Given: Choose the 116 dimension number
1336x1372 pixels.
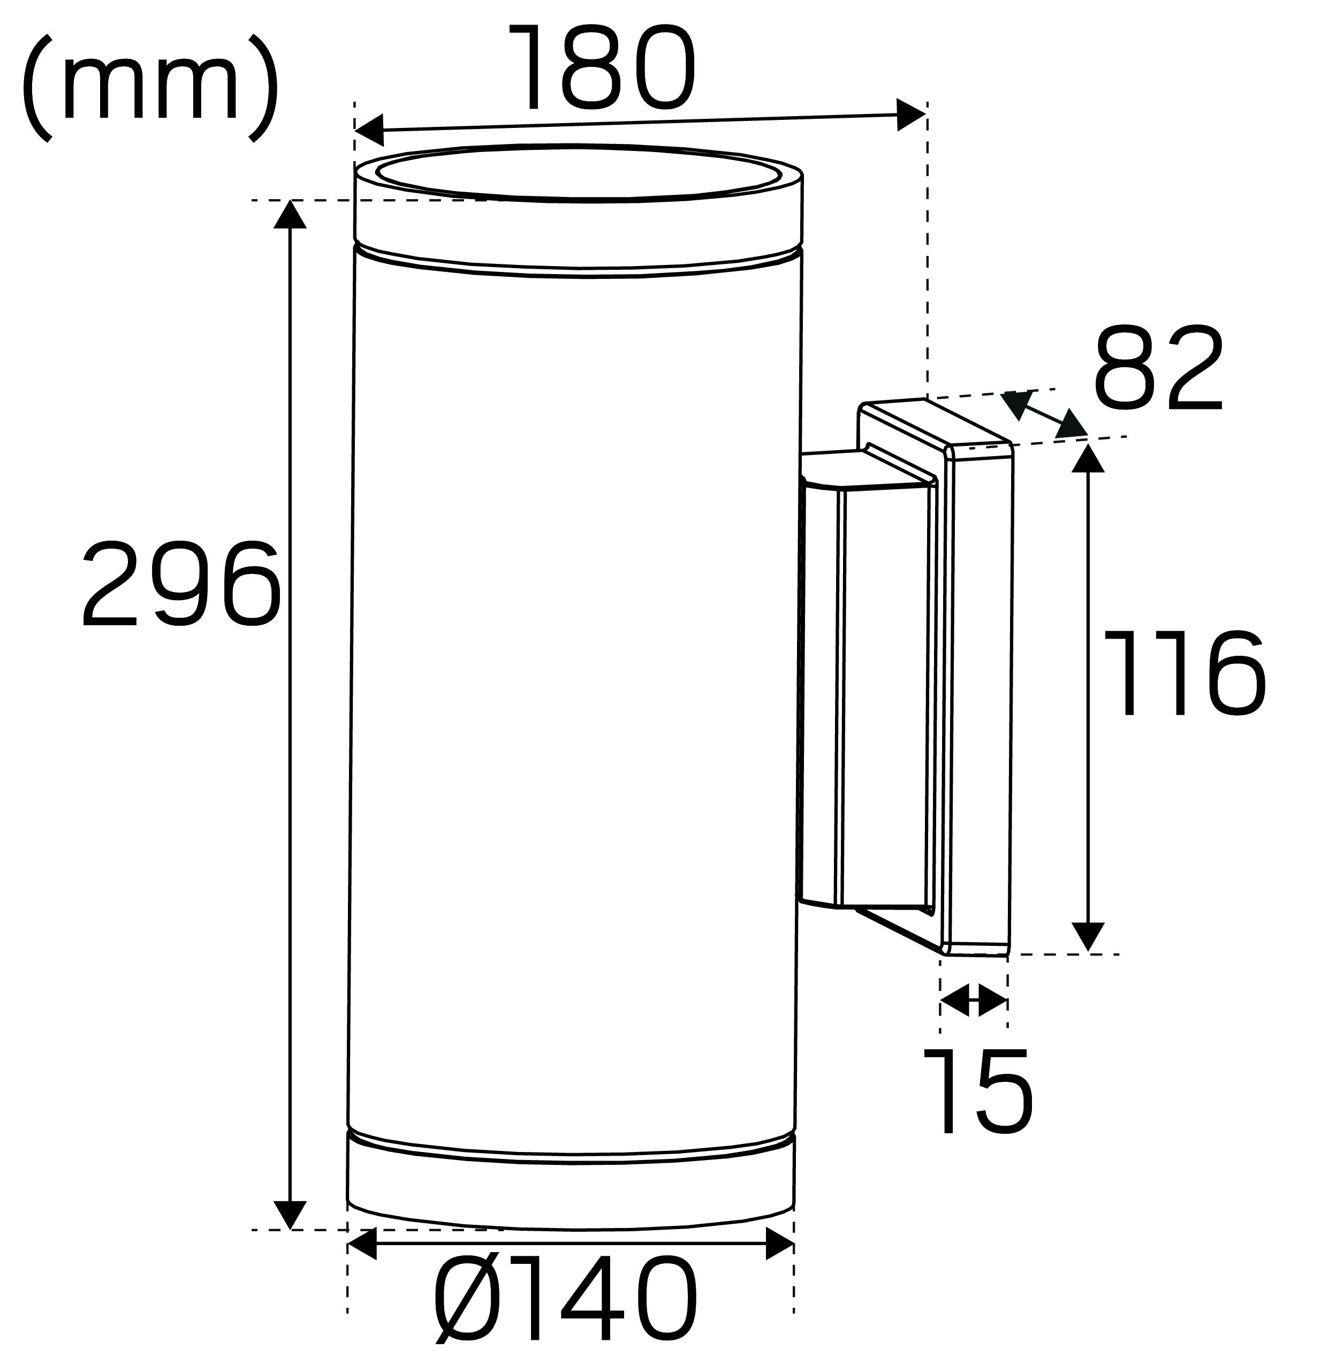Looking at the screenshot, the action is coord(1185,672).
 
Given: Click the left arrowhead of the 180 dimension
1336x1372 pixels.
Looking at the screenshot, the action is coord(369,128).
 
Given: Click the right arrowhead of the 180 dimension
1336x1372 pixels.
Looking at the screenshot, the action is coord(912,115).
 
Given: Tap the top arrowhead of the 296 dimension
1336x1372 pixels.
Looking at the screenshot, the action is coord(290,214).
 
